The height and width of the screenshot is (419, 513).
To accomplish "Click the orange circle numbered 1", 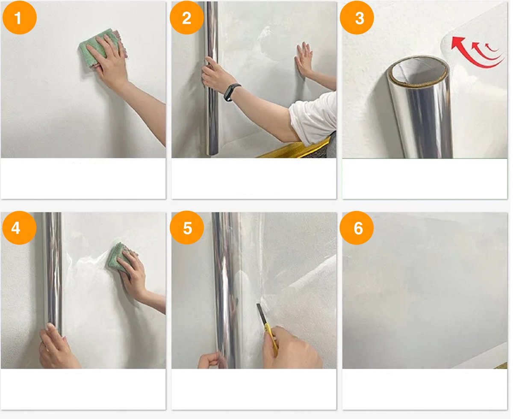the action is coord(20,18).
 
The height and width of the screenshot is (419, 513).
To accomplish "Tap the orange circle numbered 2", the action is coord(186,18).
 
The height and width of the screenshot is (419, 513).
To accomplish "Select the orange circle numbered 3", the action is coord(357,18).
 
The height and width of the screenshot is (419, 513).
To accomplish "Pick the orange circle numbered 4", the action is coord(19,228).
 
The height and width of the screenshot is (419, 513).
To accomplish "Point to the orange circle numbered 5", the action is coord(186,228).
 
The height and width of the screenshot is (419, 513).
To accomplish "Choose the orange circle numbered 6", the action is coord(357,228).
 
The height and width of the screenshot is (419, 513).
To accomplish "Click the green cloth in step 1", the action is coord(102,47).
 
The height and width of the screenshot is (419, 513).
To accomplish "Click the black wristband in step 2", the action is coord(231,92).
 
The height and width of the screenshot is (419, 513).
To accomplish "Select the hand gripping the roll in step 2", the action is coord(215,75).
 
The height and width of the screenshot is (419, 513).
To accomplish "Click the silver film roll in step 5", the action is coord(226,290).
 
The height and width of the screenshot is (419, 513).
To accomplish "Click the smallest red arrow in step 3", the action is coord(491,48).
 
